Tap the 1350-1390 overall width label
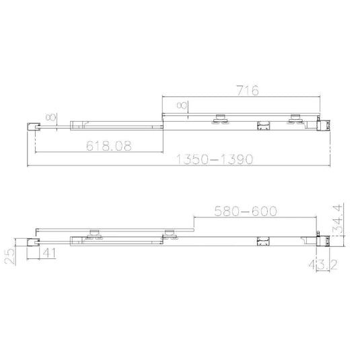coord(214,159)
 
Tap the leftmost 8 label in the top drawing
coord(48,118)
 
